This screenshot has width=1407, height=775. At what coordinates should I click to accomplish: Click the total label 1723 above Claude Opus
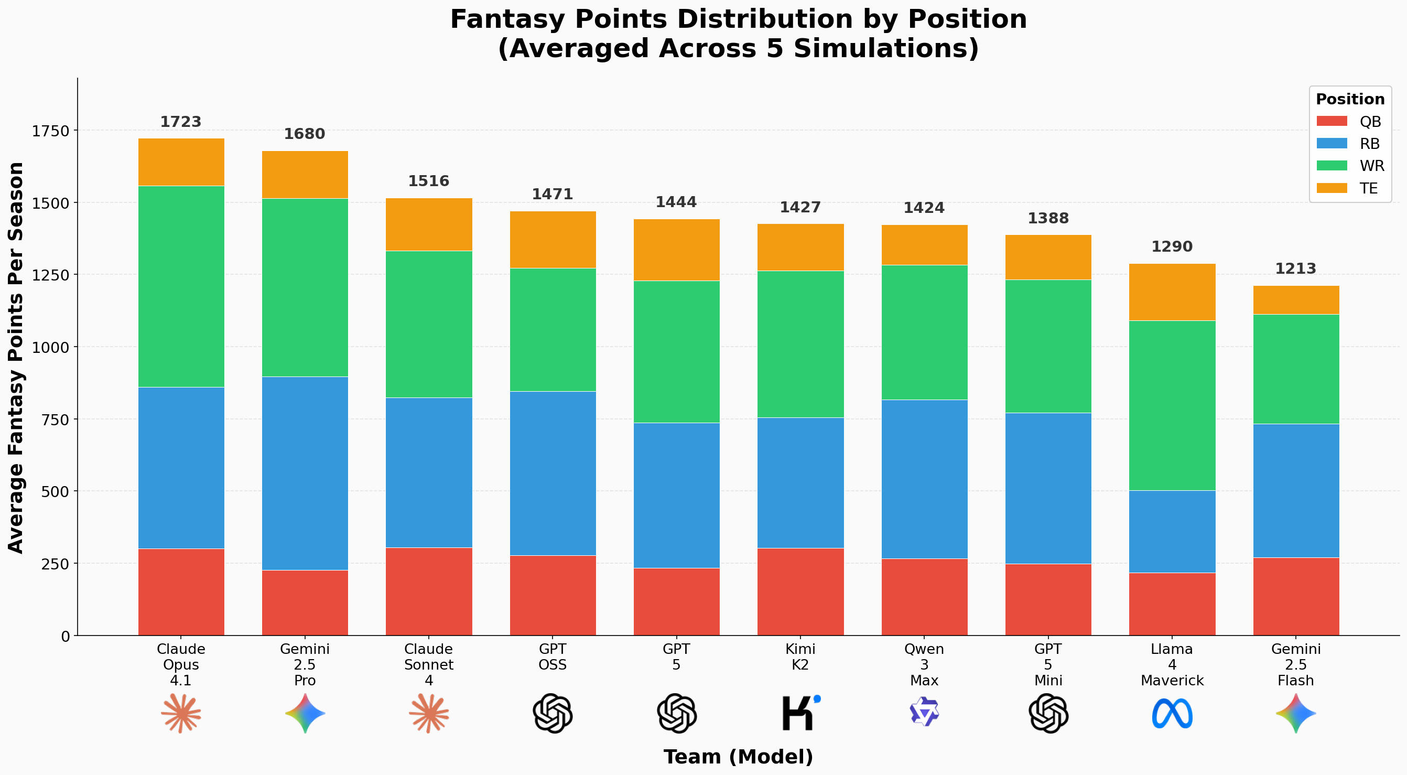(181, 122)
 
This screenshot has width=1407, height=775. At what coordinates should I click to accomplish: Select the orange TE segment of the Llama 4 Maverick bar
(1172, 292)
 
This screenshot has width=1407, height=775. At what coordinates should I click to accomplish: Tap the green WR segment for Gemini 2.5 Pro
(305, 287)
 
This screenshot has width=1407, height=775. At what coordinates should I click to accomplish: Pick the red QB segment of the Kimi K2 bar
(800, 591)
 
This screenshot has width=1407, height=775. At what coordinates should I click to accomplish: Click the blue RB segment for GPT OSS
(553, 473)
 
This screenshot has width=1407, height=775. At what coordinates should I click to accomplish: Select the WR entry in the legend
(1371, 166)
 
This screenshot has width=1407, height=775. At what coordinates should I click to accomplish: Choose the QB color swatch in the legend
(1332, 121)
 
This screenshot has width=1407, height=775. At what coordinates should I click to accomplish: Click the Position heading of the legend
(1350, 100)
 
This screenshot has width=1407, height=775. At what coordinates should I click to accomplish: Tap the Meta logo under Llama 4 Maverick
(1172, 713)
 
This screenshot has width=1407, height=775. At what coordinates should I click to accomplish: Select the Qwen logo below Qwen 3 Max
(924, 712)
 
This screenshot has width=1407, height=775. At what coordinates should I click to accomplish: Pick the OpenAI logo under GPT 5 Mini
(1048, 713)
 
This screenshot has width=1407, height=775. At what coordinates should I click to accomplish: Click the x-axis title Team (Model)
(738, 757)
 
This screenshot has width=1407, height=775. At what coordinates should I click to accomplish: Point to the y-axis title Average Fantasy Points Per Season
(16, 357)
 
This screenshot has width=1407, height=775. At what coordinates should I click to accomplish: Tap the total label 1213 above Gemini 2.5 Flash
(1295, 268)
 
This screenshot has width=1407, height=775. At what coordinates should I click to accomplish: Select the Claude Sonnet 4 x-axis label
(429, 665)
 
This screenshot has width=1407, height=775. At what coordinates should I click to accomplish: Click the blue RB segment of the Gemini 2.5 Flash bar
(1295, 490)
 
